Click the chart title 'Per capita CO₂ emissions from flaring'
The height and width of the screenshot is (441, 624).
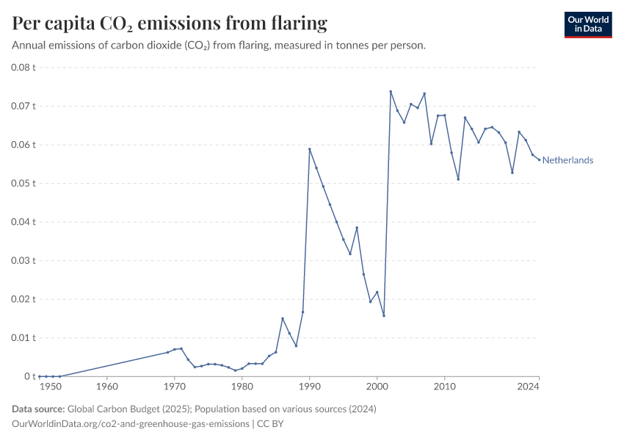(170, 24)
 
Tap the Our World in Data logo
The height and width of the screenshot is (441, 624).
(587, 24)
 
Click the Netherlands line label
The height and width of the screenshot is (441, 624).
(567, 160)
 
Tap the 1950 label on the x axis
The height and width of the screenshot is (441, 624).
(50, 386)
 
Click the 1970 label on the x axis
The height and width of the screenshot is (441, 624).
(174, 386)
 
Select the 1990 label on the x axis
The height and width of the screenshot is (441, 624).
(310, 386)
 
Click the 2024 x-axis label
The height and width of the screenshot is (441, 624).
(539, 386)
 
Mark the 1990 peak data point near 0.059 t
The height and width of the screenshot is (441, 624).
(310, 149)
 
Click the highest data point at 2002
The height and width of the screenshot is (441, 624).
(391, 92)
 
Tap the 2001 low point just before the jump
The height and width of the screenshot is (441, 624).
(384, 315)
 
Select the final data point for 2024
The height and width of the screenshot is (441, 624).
(539, 160)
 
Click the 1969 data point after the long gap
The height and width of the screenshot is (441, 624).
(167, 352)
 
